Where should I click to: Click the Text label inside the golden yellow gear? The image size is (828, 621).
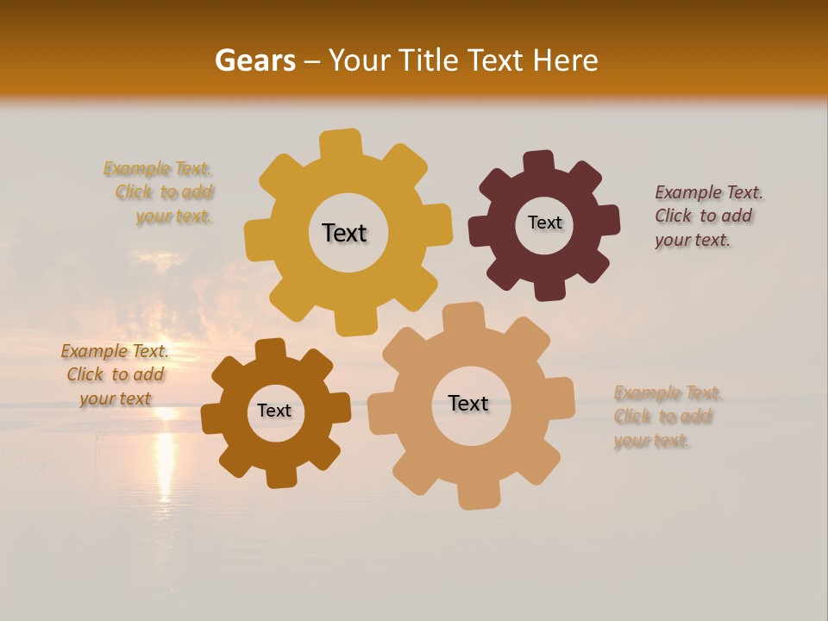pyautogui.click(x=344, y=233)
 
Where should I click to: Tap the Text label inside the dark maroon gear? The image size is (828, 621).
pyautogui.click(x=544, y=223)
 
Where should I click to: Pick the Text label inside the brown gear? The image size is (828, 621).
pyautogui.click(x=274, y=411)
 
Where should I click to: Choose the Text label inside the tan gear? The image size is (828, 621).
pyautogui.click(x=468, y=403)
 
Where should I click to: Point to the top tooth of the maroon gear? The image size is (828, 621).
pyautogui.click(x=538, y=163)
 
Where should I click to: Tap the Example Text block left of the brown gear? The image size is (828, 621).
pyautogui.click(x=115, y=374)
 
